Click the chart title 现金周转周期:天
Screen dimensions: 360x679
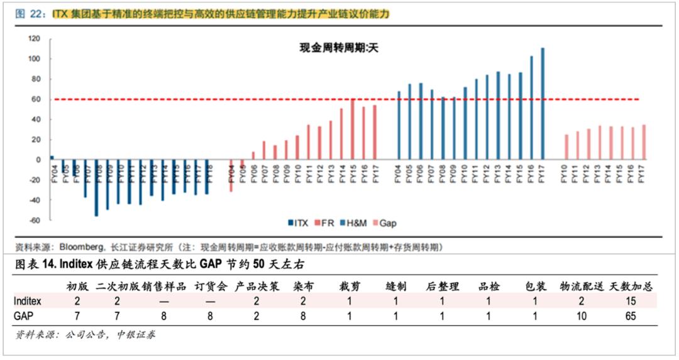(337, 48)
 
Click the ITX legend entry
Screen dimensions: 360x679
(298, 223)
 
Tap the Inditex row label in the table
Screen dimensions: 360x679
(27, 301)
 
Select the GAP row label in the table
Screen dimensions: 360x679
(23, 316)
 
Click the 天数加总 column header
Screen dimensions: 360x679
(631, 286)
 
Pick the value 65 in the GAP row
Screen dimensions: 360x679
(631, 316)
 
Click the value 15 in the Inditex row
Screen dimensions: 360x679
(631, 301)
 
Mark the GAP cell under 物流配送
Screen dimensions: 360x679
(581, 316)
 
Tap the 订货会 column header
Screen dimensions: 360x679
(209, 286)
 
